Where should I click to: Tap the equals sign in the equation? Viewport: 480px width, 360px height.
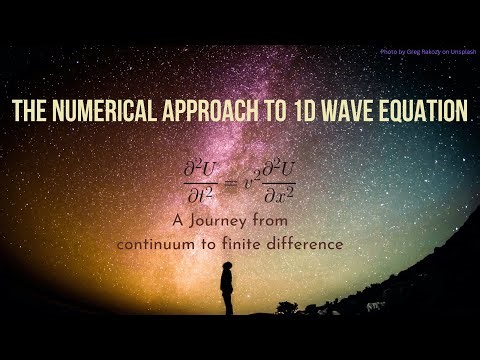[x=234, y=180]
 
